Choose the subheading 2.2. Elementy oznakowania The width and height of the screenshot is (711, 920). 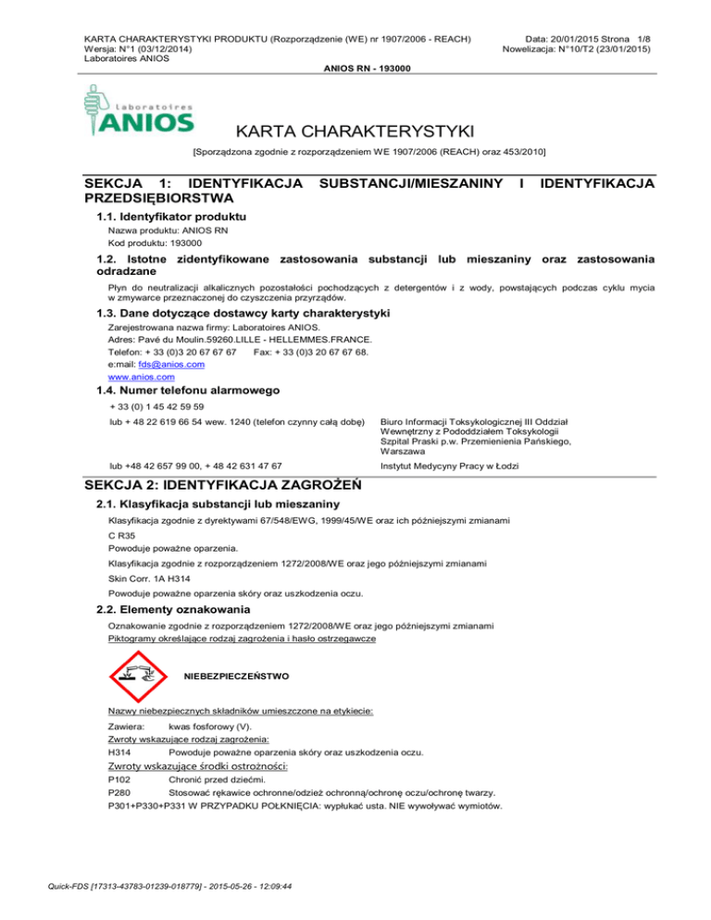click(x=172, y=609)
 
